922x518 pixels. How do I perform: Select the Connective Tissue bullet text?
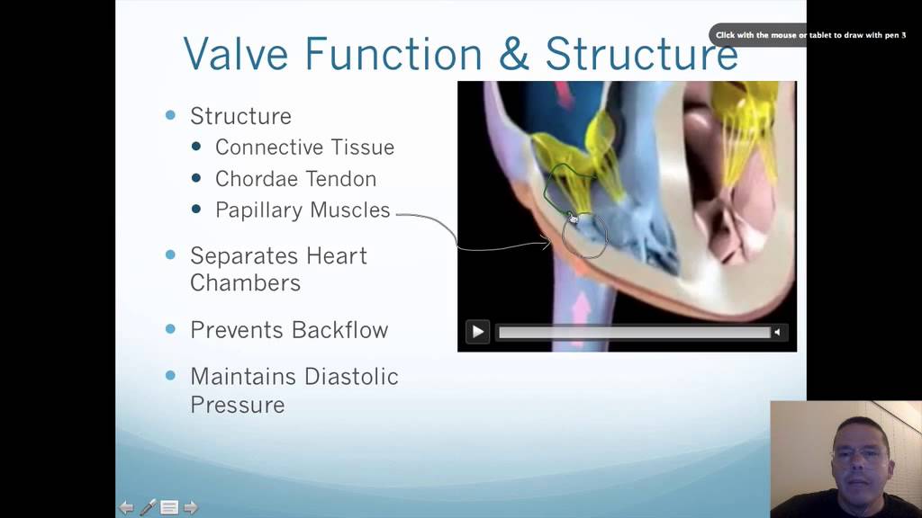[x=304, y=147]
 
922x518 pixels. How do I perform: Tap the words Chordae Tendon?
[x=295, y=179]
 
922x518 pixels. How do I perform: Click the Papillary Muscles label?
[x=303, y=210]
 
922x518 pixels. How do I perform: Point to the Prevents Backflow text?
[x=289, y=330]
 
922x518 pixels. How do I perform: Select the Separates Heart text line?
[x=278, y=255]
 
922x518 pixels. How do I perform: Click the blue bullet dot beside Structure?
[x=171, y=115]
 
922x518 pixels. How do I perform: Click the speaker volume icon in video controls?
[x=776, y=332]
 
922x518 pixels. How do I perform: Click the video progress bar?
[x=634, y=332]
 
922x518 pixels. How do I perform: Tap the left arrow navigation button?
[x=127, y=507]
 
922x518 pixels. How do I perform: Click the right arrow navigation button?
[x=191, y=507]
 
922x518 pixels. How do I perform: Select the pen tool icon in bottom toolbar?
[x=148, y=507]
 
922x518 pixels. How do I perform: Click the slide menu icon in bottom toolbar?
[x=169, y=507]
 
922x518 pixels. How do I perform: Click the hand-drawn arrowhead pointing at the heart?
[x=545, y=241]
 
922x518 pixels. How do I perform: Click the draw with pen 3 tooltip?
[x=810, y=35]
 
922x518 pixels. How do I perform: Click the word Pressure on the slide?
[x=237, y=405]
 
